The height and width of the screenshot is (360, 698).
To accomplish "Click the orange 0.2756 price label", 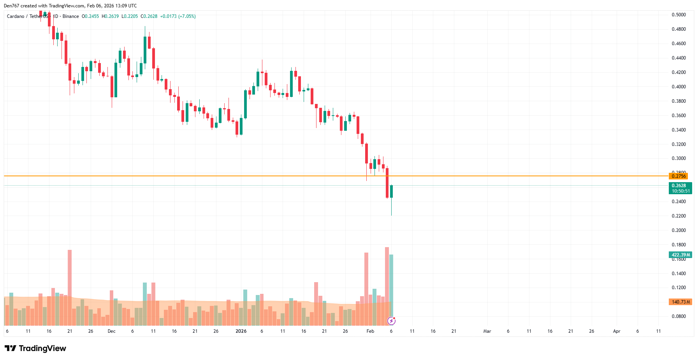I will [678, 176].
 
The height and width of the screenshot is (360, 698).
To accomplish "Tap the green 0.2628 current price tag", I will [680, 186].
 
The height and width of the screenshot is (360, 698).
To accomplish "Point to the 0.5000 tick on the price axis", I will [679, 15].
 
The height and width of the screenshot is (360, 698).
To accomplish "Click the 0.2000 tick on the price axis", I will [679, 230].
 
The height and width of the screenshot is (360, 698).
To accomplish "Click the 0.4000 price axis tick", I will [679, 87].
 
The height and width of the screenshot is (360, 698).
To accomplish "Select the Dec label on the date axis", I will [111, 331].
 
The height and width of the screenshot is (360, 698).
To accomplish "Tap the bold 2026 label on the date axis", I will [241, 331].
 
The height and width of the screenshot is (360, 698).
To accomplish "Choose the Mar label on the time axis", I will [487, 331].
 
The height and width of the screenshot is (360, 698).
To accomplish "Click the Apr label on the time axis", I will [617, 331].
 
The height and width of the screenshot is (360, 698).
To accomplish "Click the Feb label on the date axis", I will [370, 331].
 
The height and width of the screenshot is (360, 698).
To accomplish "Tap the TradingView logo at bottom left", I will [35, 348].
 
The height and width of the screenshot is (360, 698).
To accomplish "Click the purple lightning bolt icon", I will [391, 321].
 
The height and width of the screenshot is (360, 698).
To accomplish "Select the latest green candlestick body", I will [391, 191].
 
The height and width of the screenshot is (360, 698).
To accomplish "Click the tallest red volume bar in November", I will [70, 288].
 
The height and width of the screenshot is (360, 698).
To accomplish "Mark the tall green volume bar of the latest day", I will [391, 286].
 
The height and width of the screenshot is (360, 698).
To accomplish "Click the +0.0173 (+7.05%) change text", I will [178, 16].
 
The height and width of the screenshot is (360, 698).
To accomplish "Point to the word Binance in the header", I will [70, 16].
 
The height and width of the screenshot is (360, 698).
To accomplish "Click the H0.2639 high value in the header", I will [110, 16].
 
